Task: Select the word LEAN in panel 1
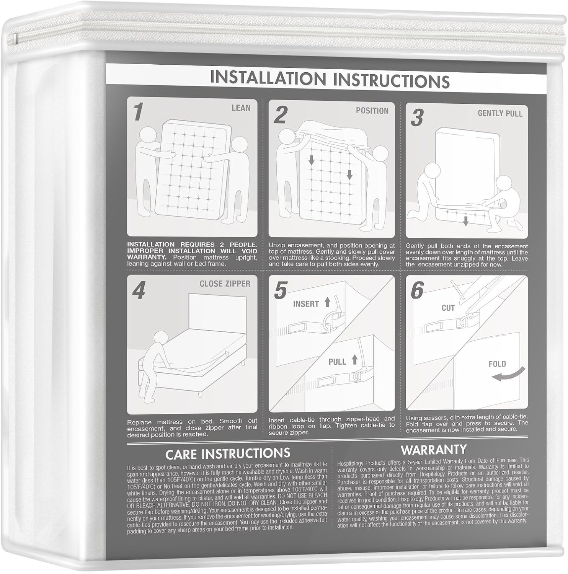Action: click(x=241, y=108)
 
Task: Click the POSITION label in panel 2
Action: click(x=372, y=111)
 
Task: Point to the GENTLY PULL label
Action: click(x=500, y=113)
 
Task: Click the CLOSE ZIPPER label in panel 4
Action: click(x=225, y=284)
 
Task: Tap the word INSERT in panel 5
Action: click(x=306, y=304)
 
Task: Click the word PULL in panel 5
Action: click(x=337, y=362)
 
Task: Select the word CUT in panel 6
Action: click(x=448, y=308)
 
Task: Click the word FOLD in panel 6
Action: click(x=497, y=364)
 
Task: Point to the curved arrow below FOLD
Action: click(x=508, y=375)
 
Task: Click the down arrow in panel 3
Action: click(x=466, y=221)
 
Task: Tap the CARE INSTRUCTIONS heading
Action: click(x=227, y=453)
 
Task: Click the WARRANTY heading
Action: click(x=433, y=450)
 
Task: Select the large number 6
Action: click(x=417, y=291)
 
